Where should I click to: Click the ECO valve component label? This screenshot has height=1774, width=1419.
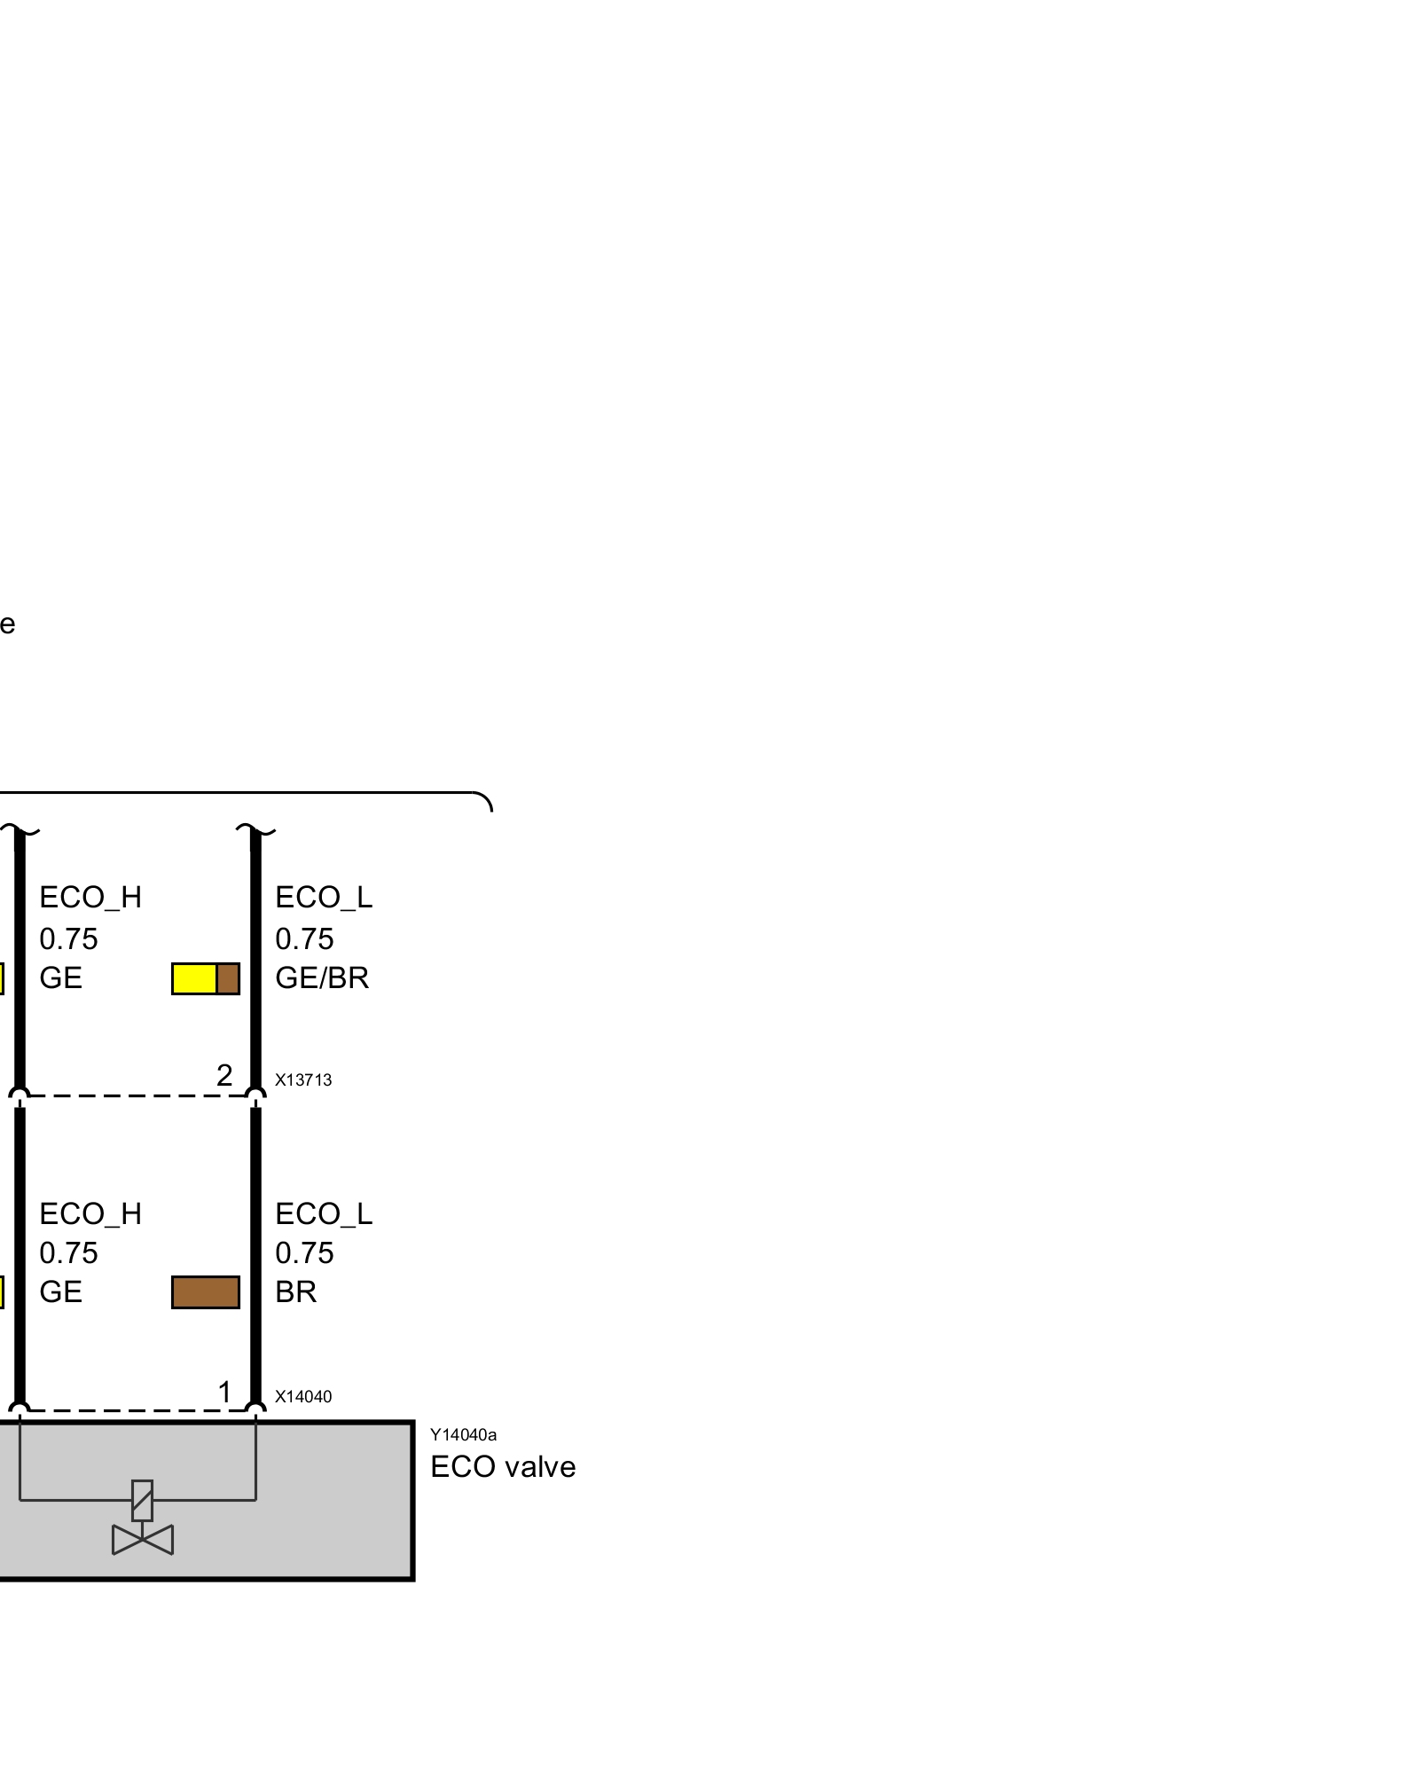pyautogui.click(x=503, y=1467)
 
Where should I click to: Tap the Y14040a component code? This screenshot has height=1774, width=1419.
pyautogui.click(x=463, y=1434)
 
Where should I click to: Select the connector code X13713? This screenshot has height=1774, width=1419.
pyautogui.click(x=303, y=1079)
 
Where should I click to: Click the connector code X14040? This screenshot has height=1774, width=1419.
pyautogui.click(x=303, y=1396)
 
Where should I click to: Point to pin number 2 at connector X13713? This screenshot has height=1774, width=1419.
pyautogui.click(x=224, y=1075)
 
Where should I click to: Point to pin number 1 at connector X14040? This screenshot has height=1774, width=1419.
pyautogui.click(x=224, y=1392)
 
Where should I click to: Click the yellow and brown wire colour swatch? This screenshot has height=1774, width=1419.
pyautogui.click(x=206, y=978)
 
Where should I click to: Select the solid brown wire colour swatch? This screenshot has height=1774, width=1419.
pyautogui.click(x=206, y=1292)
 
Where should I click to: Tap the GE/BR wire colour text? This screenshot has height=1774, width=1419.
pyautogui.click(x=322, y=977)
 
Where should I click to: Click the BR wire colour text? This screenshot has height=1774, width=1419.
pyautogui.click(x=295, y=1291)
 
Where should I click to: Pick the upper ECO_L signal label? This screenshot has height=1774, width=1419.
pyautogui.click(x=324, y=898)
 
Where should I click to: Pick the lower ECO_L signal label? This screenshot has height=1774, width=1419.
pyautogui.click(x=324, y=1213)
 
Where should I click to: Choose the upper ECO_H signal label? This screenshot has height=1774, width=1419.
pyautogui.click(x=90, y=898)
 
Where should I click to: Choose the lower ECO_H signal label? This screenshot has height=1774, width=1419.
pyautogui.click(x=90, y=1213)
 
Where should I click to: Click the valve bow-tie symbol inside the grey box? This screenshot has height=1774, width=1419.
pyautogui.click(x=143, y=1540)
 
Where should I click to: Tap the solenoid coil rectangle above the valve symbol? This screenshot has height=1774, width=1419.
pyautogui.click(x=142, y=1500)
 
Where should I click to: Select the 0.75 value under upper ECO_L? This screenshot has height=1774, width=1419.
pyautogui.click(x=304, y=938)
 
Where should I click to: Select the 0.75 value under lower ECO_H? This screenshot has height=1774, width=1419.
pyautogui.click(x=68, y=1252)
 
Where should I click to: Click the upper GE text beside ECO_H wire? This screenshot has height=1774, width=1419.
pyautogui.click(x=60, y=977)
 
